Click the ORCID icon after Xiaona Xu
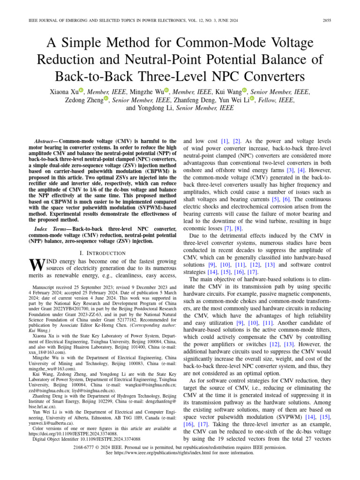82,91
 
